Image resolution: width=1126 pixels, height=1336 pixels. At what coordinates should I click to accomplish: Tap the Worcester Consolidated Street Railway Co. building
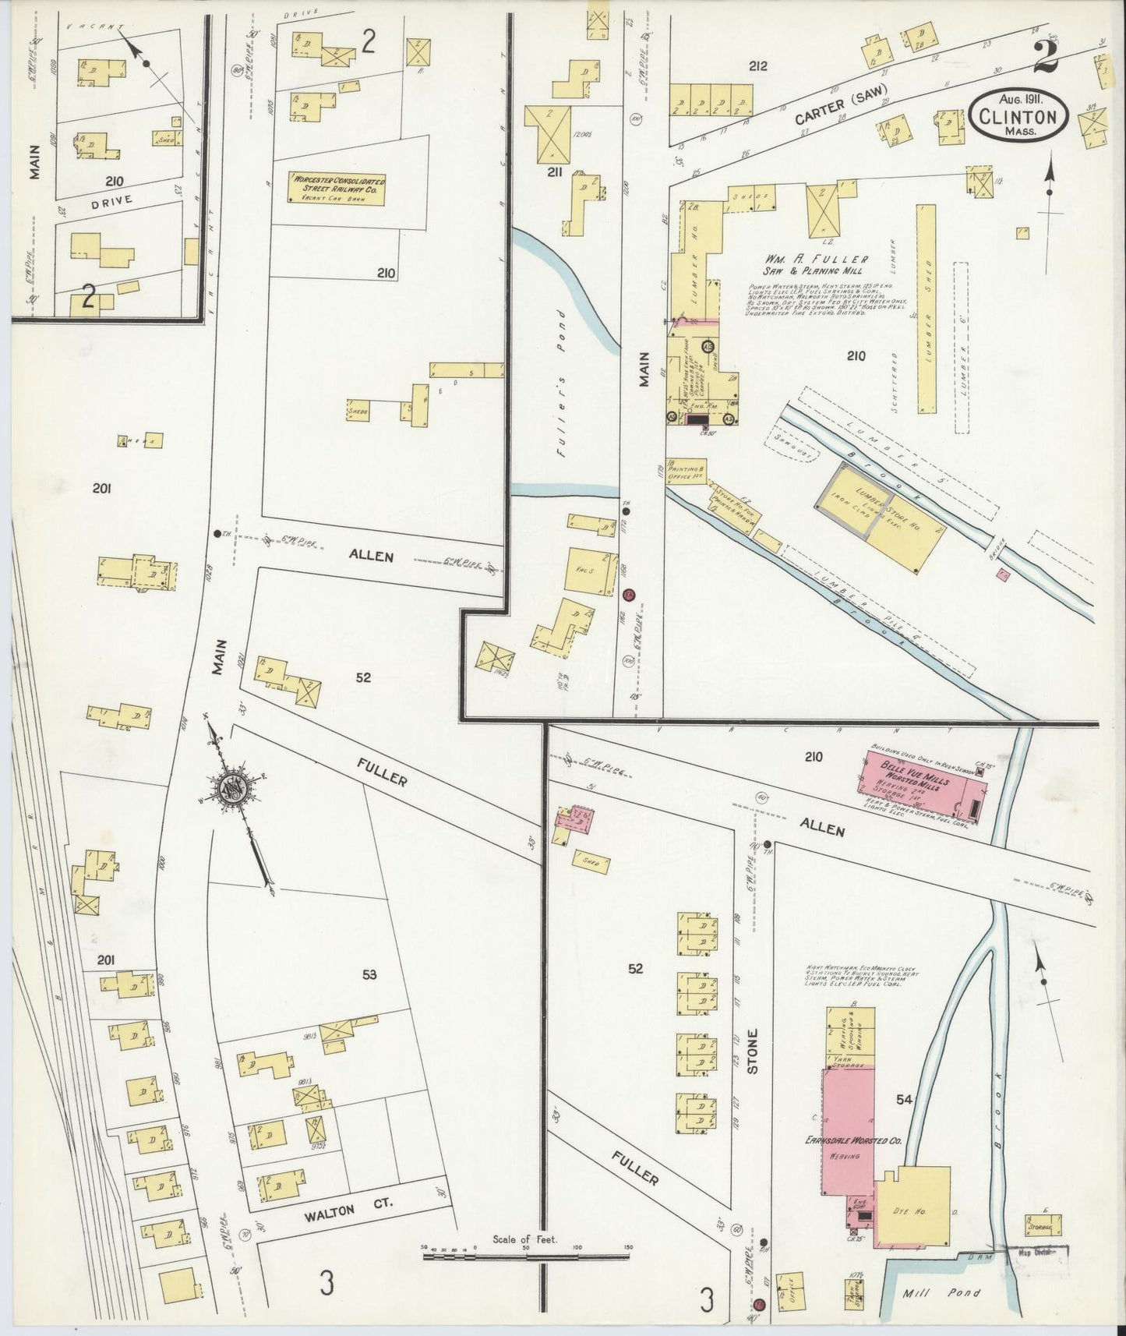pyautogui.click(x=337, y=188)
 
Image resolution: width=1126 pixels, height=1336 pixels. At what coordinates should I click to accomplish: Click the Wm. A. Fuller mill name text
pyautogui.click(x=811, y=259)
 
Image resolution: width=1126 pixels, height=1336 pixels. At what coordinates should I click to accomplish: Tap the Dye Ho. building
pyautogui.click(x=913, y=1210)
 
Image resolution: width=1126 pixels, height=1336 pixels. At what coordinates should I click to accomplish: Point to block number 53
pyautogui.click(x=369, y=974)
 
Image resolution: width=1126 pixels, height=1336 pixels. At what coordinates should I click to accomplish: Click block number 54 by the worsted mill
pyautogui.click(x=904, y=1099)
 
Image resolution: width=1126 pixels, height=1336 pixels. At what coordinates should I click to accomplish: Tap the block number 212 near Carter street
pyautogui.click(x=757, y=66)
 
